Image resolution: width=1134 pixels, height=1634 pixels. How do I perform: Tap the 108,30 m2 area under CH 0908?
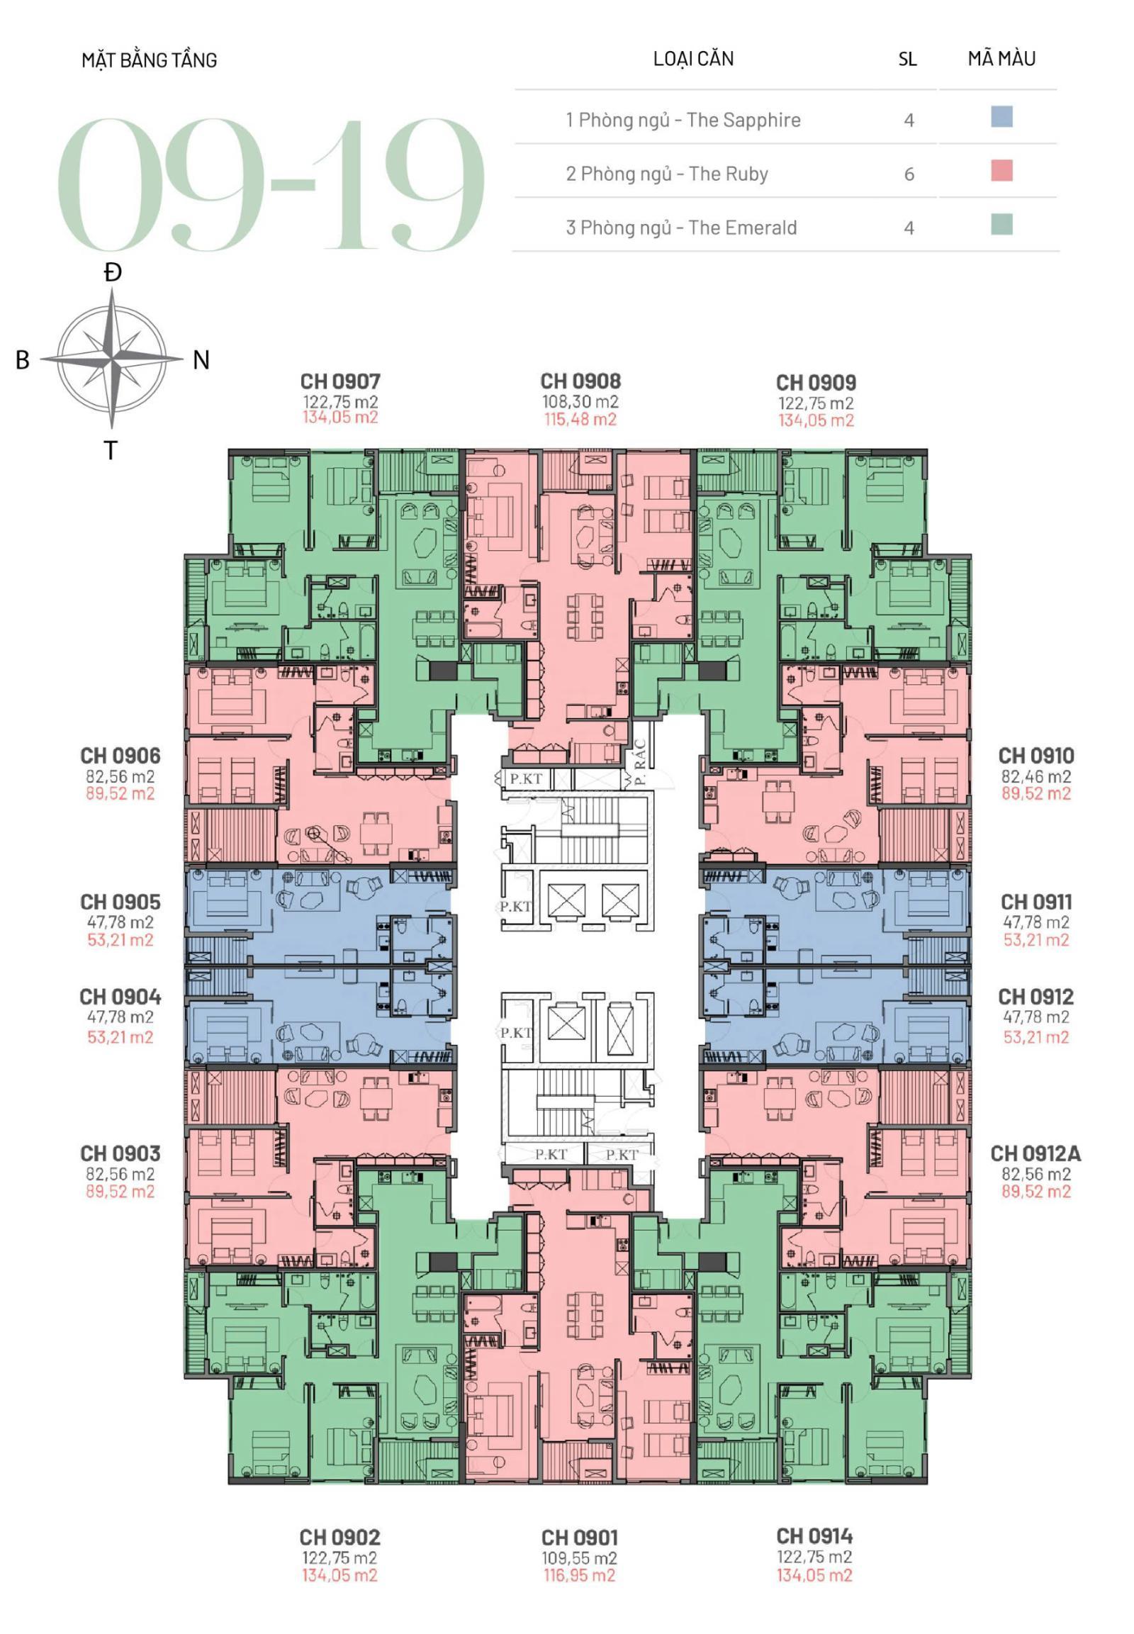point(580,401)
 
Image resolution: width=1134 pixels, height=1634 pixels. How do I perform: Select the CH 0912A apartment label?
point(1035,1153)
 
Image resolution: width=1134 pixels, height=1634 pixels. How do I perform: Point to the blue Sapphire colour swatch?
point(1001,117)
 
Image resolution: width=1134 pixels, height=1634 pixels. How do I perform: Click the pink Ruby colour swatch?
point(1001,172)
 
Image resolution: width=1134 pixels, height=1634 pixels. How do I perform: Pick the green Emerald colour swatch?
point(1001,225)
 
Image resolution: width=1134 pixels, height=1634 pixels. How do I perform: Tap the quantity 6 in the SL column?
point(909,174)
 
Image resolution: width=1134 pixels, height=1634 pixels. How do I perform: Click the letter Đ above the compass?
point(112,273)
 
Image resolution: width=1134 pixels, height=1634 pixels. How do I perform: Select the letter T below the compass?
point(110,451)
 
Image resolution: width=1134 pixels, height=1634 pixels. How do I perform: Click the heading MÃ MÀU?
point(1001,58)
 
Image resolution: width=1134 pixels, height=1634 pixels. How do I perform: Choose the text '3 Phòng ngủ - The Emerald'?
point(680,228)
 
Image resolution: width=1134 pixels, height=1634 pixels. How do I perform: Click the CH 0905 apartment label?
point(120,902)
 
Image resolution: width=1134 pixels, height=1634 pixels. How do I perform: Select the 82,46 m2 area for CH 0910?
point(1035,777)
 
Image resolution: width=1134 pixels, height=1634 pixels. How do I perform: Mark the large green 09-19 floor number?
point(270,184)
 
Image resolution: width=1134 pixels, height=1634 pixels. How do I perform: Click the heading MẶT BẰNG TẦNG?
point(150,60)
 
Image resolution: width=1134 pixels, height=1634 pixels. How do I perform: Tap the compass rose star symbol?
point(111,359)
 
